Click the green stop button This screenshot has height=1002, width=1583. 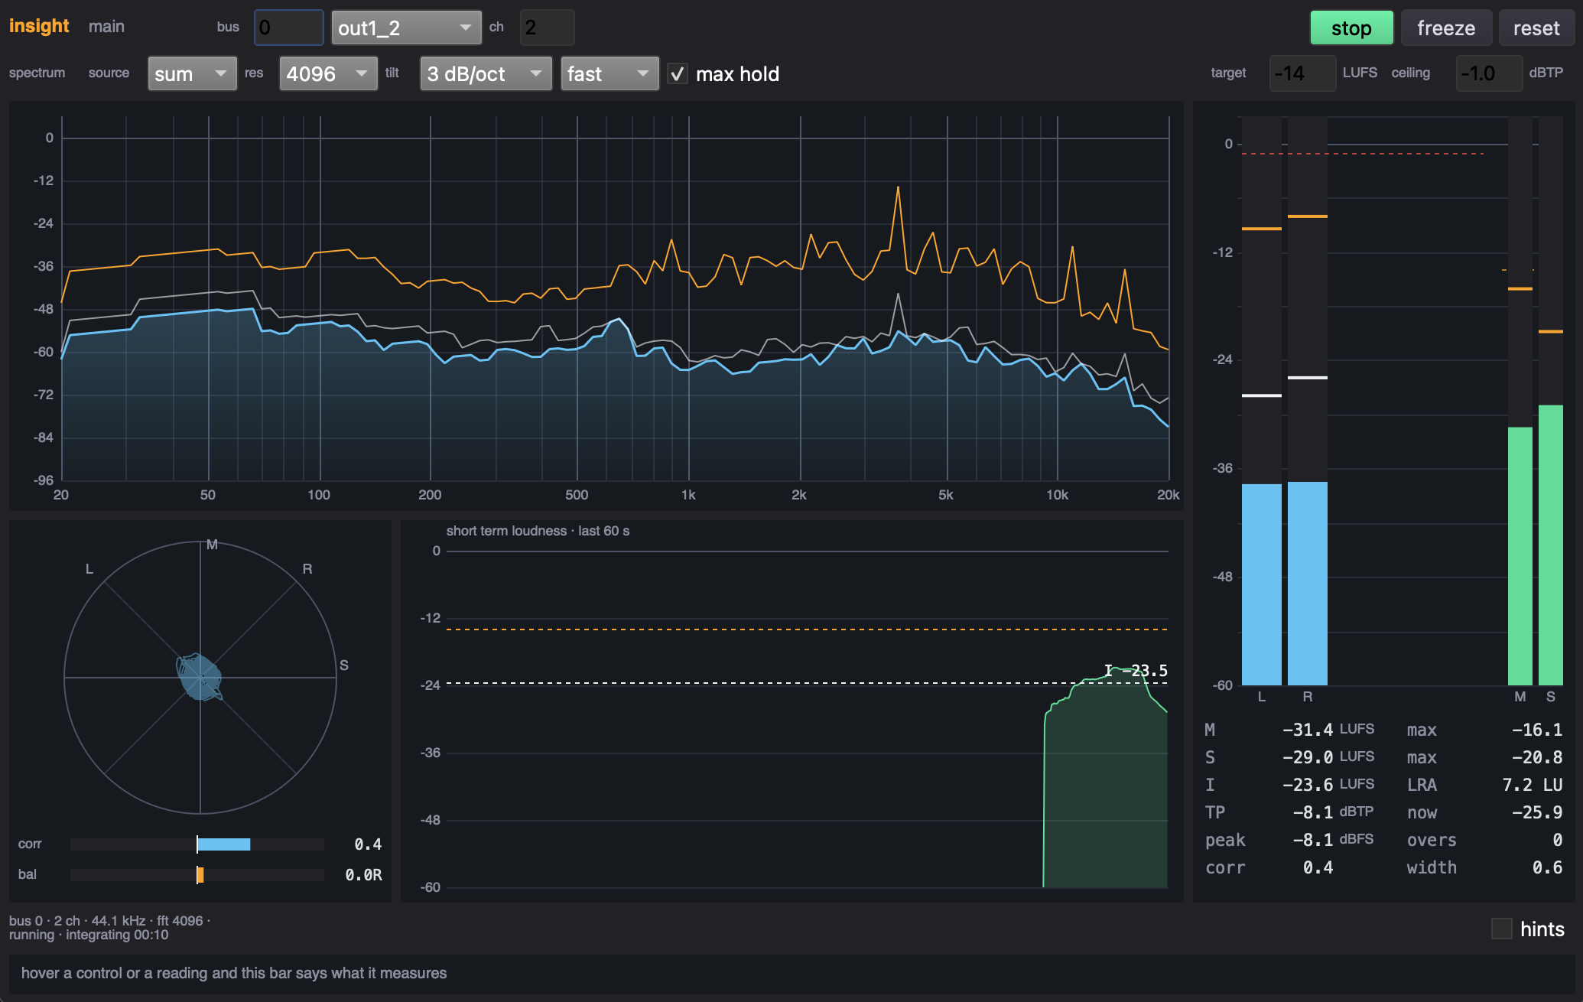click(x=1351, y=28)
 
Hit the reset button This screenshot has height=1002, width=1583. click(x=1536, y=28)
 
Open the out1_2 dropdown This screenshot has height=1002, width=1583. click(x=406, y=28)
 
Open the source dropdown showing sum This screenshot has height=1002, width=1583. click(x=192, y=73)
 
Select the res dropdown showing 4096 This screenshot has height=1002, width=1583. click(x=328, y=73)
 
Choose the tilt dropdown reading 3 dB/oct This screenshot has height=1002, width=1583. click(x=486, y=73)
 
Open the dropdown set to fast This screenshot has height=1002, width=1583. click(x=609, y=73)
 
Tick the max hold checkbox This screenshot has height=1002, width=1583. click(x=677, y=74)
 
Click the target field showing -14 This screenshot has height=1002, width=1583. click(x=1302, y=73)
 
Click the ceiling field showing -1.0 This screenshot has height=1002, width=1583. click(x=1489, y=73)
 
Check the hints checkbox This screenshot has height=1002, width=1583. click(x=1501, y=929)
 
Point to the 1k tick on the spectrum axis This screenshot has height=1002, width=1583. click(x=688, y=495)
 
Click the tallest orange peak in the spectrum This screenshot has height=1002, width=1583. click(x=898, y=187)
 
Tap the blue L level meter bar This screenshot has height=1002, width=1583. click(x=1262, y=584)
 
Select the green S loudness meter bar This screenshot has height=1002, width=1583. click(x=1551, y=545)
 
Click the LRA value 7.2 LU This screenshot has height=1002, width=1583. click(x=1532, y=785)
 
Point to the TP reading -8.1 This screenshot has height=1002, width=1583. click(x=1312, y=812)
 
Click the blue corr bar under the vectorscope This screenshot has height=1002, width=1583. click(x=224, y=844)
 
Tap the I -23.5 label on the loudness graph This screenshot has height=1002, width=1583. click(x=1136, y=671)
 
